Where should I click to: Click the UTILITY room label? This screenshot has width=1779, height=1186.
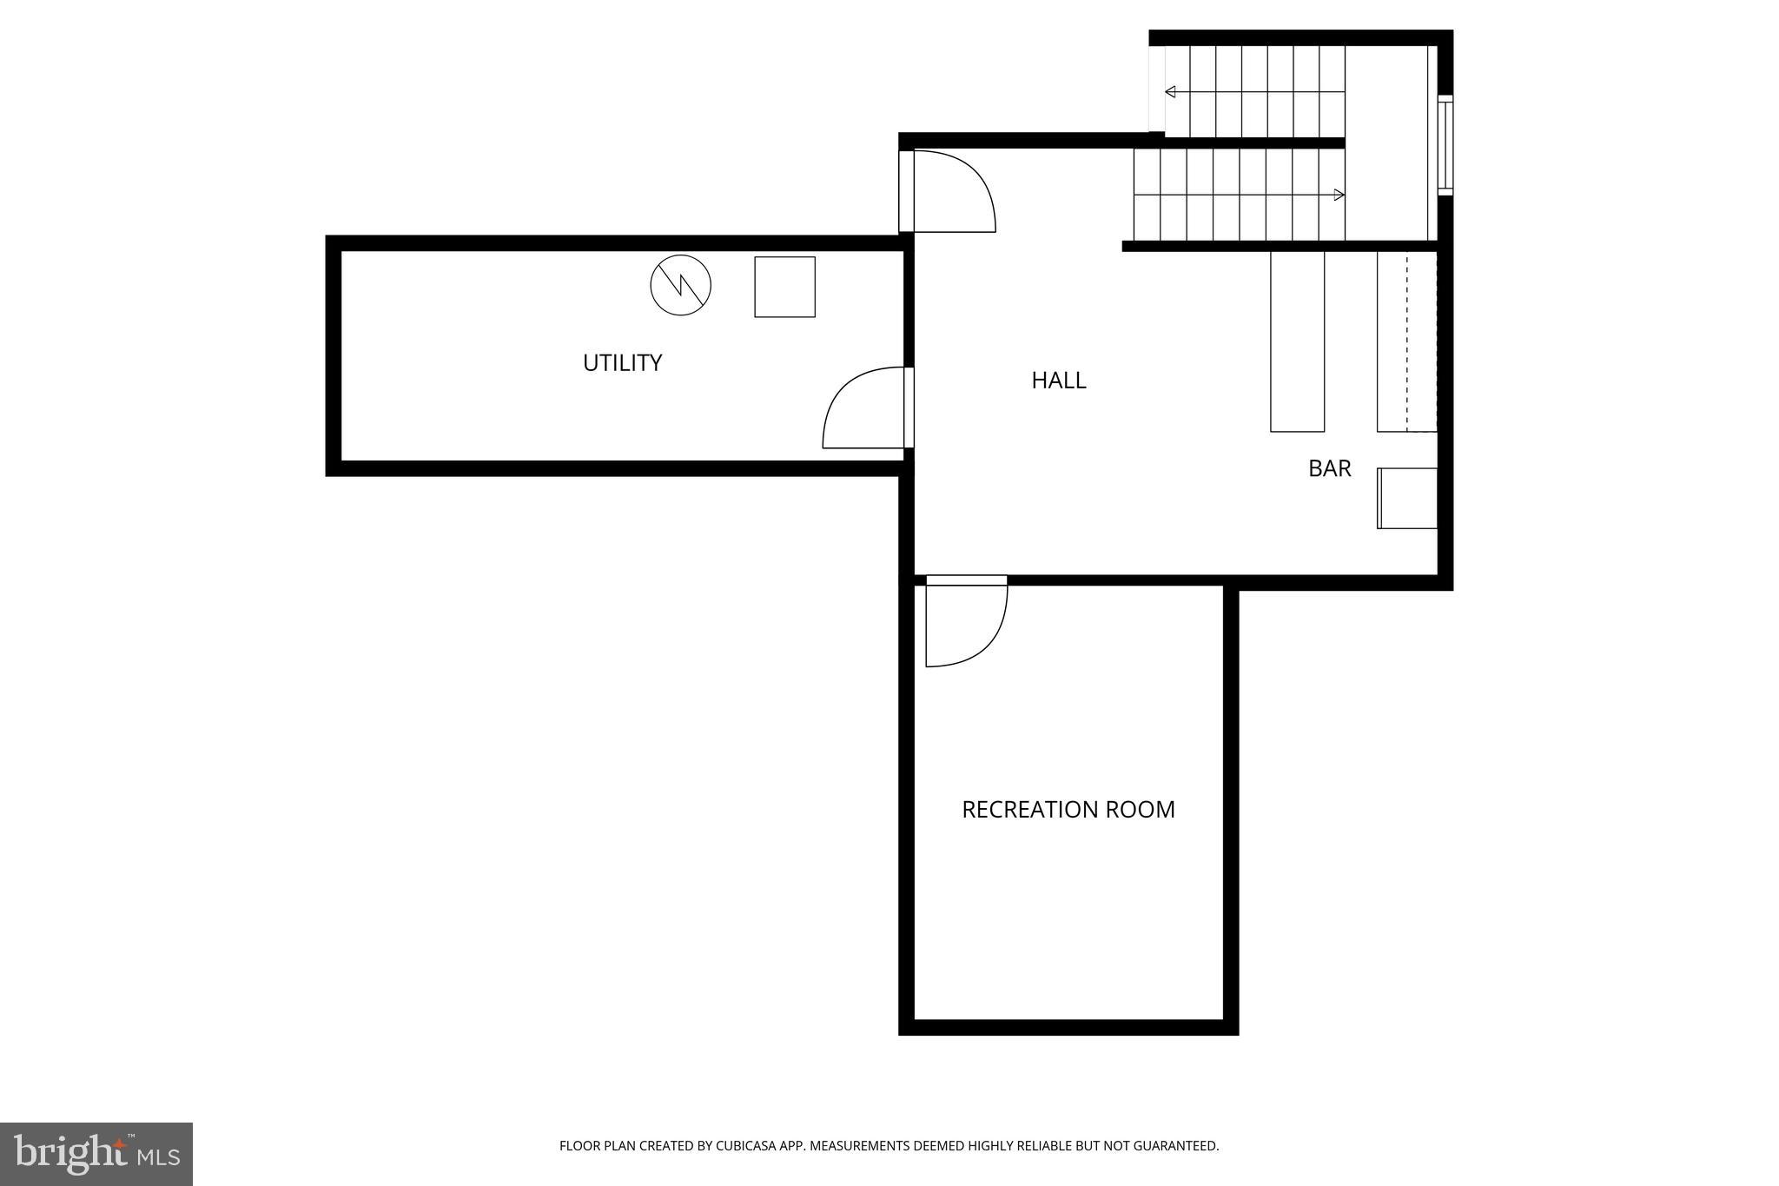click(622, 362)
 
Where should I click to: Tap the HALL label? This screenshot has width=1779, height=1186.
click(1058, 380)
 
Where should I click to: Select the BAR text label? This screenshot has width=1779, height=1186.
click(1329, 468)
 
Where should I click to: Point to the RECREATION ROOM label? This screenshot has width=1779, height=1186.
click(1068, 809)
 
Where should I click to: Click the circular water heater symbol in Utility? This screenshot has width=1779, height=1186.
click(680, 285)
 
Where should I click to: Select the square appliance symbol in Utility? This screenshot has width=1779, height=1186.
click(784, 287)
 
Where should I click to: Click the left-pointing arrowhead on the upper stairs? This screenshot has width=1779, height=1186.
click(1170, 92)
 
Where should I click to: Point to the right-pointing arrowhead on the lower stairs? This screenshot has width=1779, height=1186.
click(1339, 195)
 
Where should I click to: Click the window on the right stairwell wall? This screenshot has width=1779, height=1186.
click(1445, 145)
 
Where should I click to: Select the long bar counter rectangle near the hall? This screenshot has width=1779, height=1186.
click(1297, 341)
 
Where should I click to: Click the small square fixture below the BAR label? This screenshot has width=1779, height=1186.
click(1407, 498)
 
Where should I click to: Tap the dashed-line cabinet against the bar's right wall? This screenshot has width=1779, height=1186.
click(1407, 341)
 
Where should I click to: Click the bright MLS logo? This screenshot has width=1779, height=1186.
click(96, 1153)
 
